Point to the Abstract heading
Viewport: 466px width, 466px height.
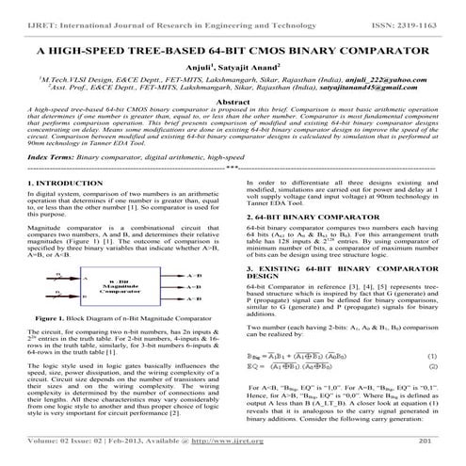pos(232,101)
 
